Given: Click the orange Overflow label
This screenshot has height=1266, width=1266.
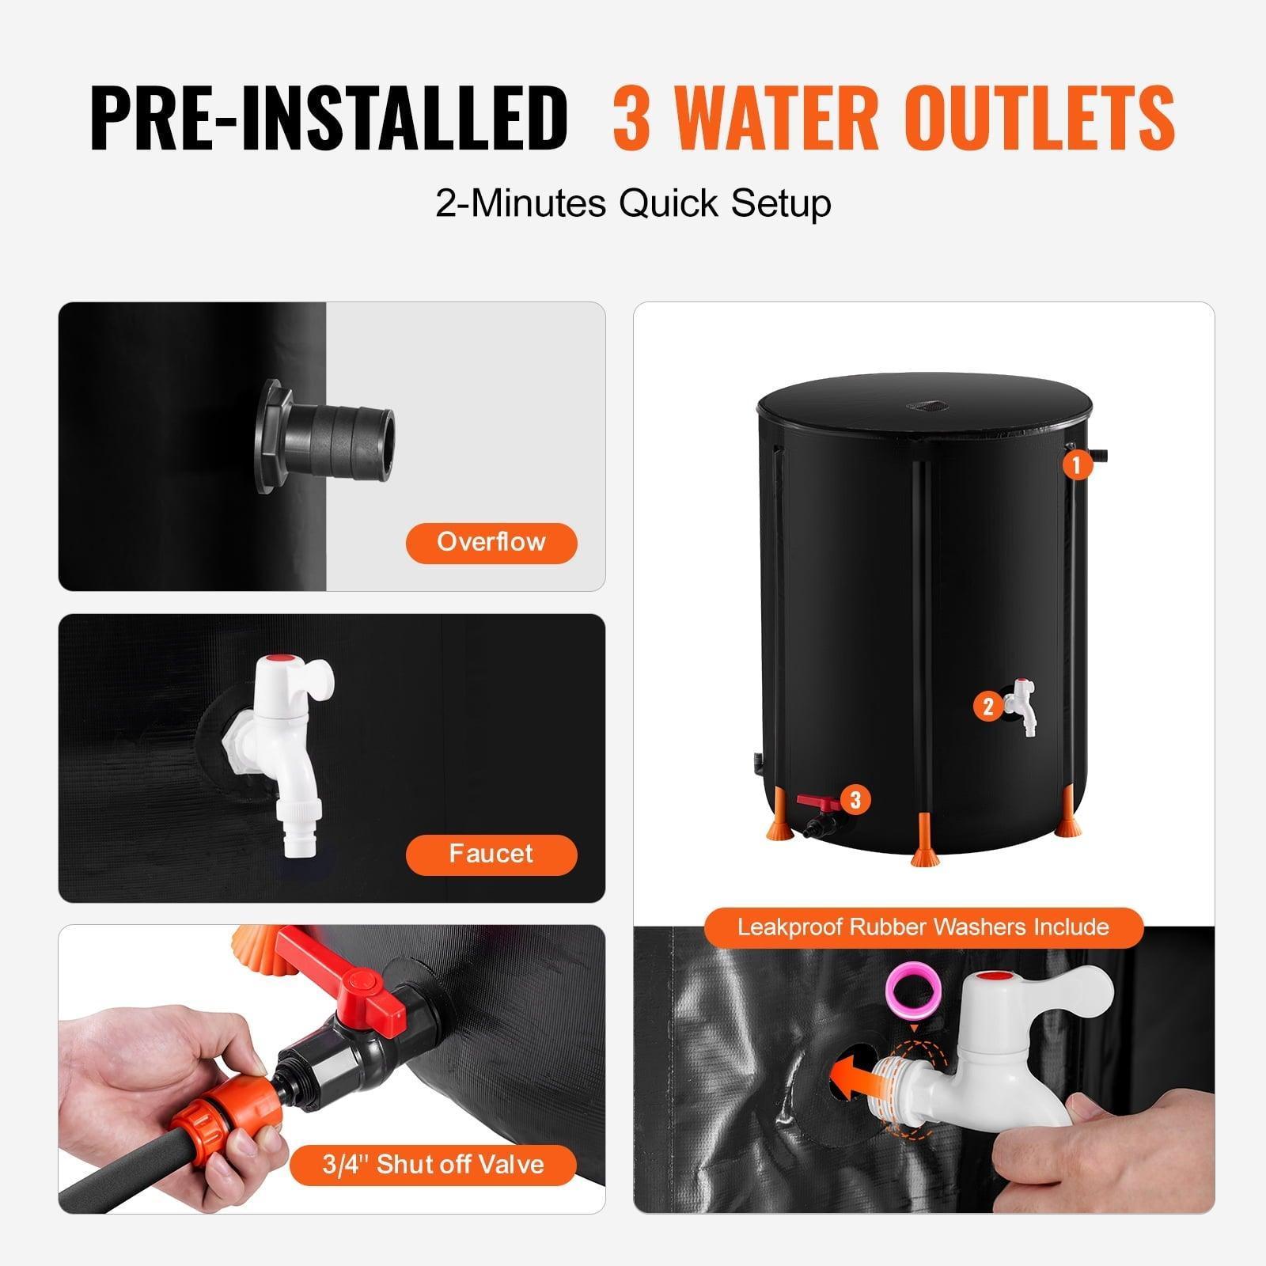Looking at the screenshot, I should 491,543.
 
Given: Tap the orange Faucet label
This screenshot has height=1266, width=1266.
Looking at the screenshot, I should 491,854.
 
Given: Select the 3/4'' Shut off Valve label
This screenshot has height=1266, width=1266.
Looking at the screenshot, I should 432,1165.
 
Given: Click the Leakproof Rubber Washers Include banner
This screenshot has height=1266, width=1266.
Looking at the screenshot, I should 923,927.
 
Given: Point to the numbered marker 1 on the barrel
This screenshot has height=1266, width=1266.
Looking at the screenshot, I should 1076,464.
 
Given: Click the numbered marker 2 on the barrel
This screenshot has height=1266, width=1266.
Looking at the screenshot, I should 987,706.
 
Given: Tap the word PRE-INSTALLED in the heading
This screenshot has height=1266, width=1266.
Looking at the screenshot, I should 328,117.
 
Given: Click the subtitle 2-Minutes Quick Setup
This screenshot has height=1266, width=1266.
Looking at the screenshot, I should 633,203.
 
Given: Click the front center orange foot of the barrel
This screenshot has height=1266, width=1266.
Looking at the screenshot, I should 923,855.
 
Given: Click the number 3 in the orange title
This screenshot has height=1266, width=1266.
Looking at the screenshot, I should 631,117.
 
